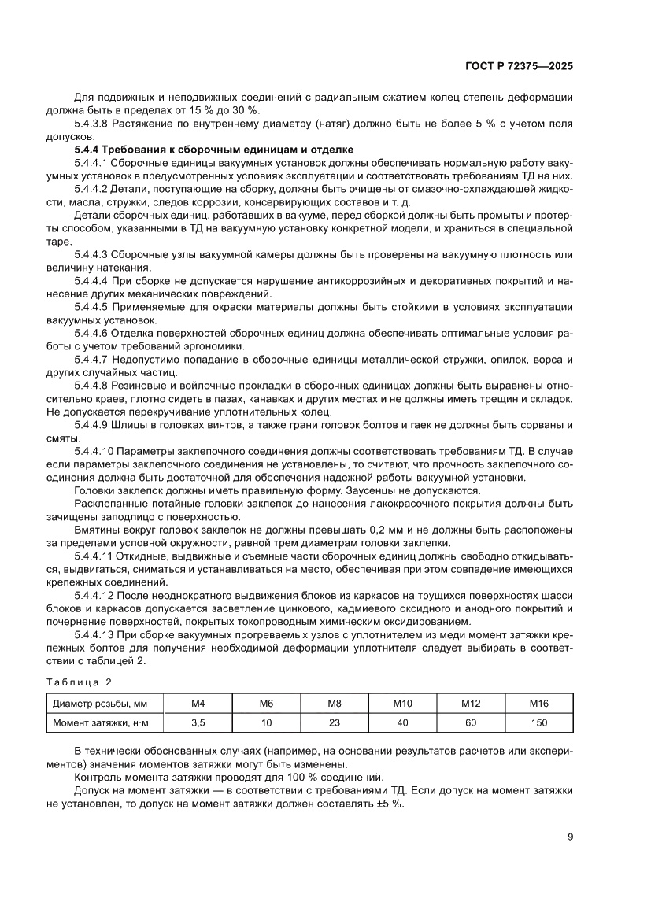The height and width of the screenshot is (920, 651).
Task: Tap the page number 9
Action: [x=569, y=837]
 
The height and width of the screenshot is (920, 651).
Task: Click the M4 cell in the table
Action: [x=198, y=703]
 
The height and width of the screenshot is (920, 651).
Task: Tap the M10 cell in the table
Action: [x=402, y=703]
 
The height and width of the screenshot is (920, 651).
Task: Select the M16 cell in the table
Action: [x=538, y=703]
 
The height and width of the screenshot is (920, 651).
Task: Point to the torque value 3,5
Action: [x=198, y=722]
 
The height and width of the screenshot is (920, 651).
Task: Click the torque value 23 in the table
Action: [x=334, y=722]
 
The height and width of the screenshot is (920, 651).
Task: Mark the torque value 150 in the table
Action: [x=538, y=722]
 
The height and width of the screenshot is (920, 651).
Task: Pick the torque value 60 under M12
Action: [x=470, y=722]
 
